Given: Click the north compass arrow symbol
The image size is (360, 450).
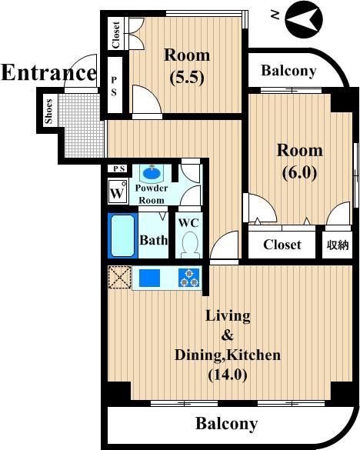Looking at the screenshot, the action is tap(304, 20).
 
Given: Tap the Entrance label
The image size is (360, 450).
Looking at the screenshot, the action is tap(49, 72).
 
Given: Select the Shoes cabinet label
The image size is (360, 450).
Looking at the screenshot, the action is tap(48, 112).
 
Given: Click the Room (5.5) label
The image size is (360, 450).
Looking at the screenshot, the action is tap(187, 66).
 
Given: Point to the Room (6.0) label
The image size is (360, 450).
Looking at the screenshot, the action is tap(299, 162).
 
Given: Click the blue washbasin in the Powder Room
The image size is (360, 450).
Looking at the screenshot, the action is tap(152, 173).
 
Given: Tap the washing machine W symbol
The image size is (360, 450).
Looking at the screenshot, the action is tap(118, 192).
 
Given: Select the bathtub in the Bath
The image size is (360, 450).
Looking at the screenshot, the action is tap(122, 235).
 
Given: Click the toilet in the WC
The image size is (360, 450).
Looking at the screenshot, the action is tap(189, 244).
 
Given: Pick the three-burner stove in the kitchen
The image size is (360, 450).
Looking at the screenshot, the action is tap(189, 278).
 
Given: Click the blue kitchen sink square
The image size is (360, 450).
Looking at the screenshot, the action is tap(149, 278).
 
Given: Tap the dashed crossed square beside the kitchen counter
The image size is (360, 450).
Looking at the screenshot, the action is tap(120, 277).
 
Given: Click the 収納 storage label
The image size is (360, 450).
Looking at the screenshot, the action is tap(338, 245).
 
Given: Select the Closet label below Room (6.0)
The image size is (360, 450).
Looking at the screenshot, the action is tap(282, 245).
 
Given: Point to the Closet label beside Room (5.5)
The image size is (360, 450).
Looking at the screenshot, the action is tap(115, 35).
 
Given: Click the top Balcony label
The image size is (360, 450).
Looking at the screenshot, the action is tap(288, 71).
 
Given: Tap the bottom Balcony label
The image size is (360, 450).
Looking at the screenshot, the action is tap(226, 423).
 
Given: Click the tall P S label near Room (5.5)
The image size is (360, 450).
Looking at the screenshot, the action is tap(115, 86).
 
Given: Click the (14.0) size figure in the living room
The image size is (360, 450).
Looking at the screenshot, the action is tap(228, 375).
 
